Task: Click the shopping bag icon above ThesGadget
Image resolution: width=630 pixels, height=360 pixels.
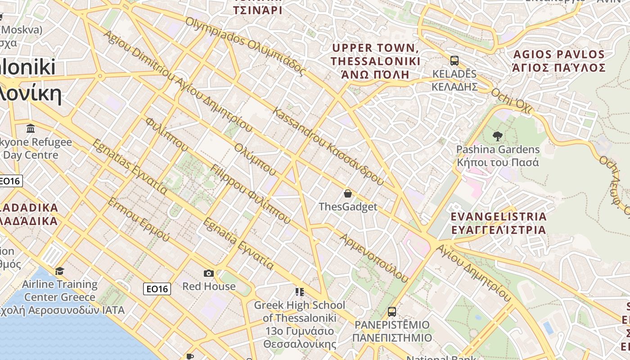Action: point(347,194)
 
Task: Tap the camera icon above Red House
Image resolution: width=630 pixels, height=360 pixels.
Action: point(208,273)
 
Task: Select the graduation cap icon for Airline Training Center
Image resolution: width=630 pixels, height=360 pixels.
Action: point(59,271)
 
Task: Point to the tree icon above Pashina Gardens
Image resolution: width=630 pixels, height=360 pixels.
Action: point(498,136)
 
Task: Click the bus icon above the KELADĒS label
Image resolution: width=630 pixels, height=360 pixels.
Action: point(454,61)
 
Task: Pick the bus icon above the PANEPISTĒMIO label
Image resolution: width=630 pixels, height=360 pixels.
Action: point(392,311)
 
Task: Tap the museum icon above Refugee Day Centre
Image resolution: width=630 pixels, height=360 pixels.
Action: point(31,129)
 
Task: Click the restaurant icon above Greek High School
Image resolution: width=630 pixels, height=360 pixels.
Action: point(300,292)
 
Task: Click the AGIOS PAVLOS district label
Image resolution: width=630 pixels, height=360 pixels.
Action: point(559,61)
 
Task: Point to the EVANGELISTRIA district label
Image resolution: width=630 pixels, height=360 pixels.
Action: point(499,223)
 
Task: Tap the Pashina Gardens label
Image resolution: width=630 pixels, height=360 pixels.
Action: point(498,156)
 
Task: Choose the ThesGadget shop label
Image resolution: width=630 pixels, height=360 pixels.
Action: point(348,207)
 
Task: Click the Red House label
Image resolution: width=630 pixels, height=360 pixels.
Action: point(209,286)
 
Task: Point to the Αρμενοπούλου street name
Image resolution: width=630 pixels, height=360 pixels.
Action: point(374,258)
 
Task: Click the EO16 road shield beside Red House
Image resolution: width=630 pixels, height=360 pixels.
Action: point(157,289)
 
